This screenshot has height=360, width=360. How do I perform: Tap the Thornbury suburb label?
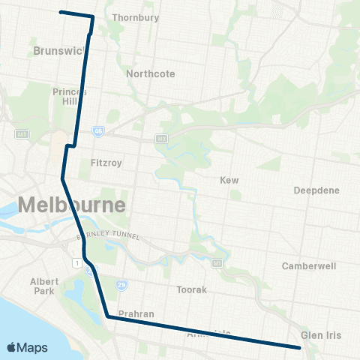131,17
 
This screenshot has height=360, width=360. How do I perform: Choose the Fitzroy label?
105,162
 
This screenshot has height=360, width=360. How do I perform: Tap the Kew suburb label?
229,181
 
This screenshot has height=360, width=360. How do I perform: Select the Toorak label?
190,289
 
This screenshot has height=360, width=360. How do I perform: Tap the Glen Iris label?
321,334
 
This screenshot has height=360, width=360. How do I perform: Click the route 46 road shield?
98,130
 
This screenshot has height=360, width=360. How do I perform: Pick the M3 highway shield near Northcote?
160,139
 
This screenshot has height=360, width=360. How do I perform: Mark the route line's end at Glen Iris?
299,347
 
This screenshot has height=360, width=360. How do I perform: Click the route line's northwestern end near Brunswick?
61,12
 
